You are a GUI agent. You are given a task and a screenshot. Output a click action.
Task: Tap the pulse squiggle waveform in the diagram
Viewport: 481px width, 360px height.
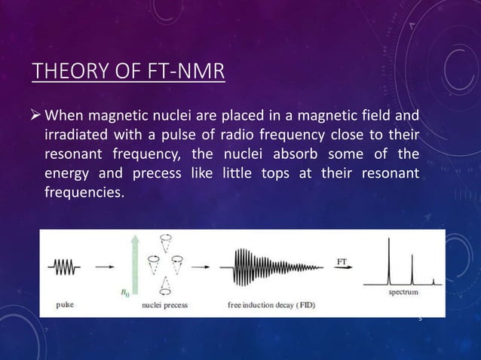click(65, 266)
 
